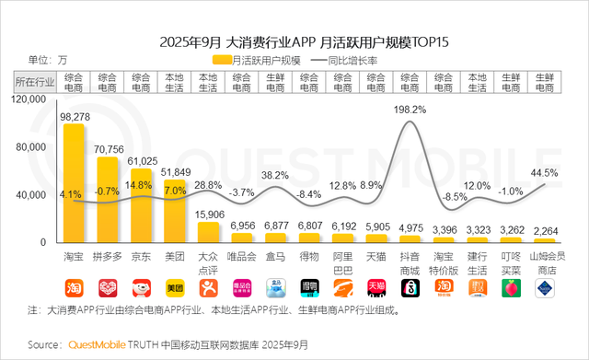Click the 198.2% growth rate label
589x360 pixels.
coord(410,110)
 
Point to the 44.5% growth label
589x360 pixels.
coord(544,172)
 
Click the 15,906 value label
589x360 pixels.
coord(209,214)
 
